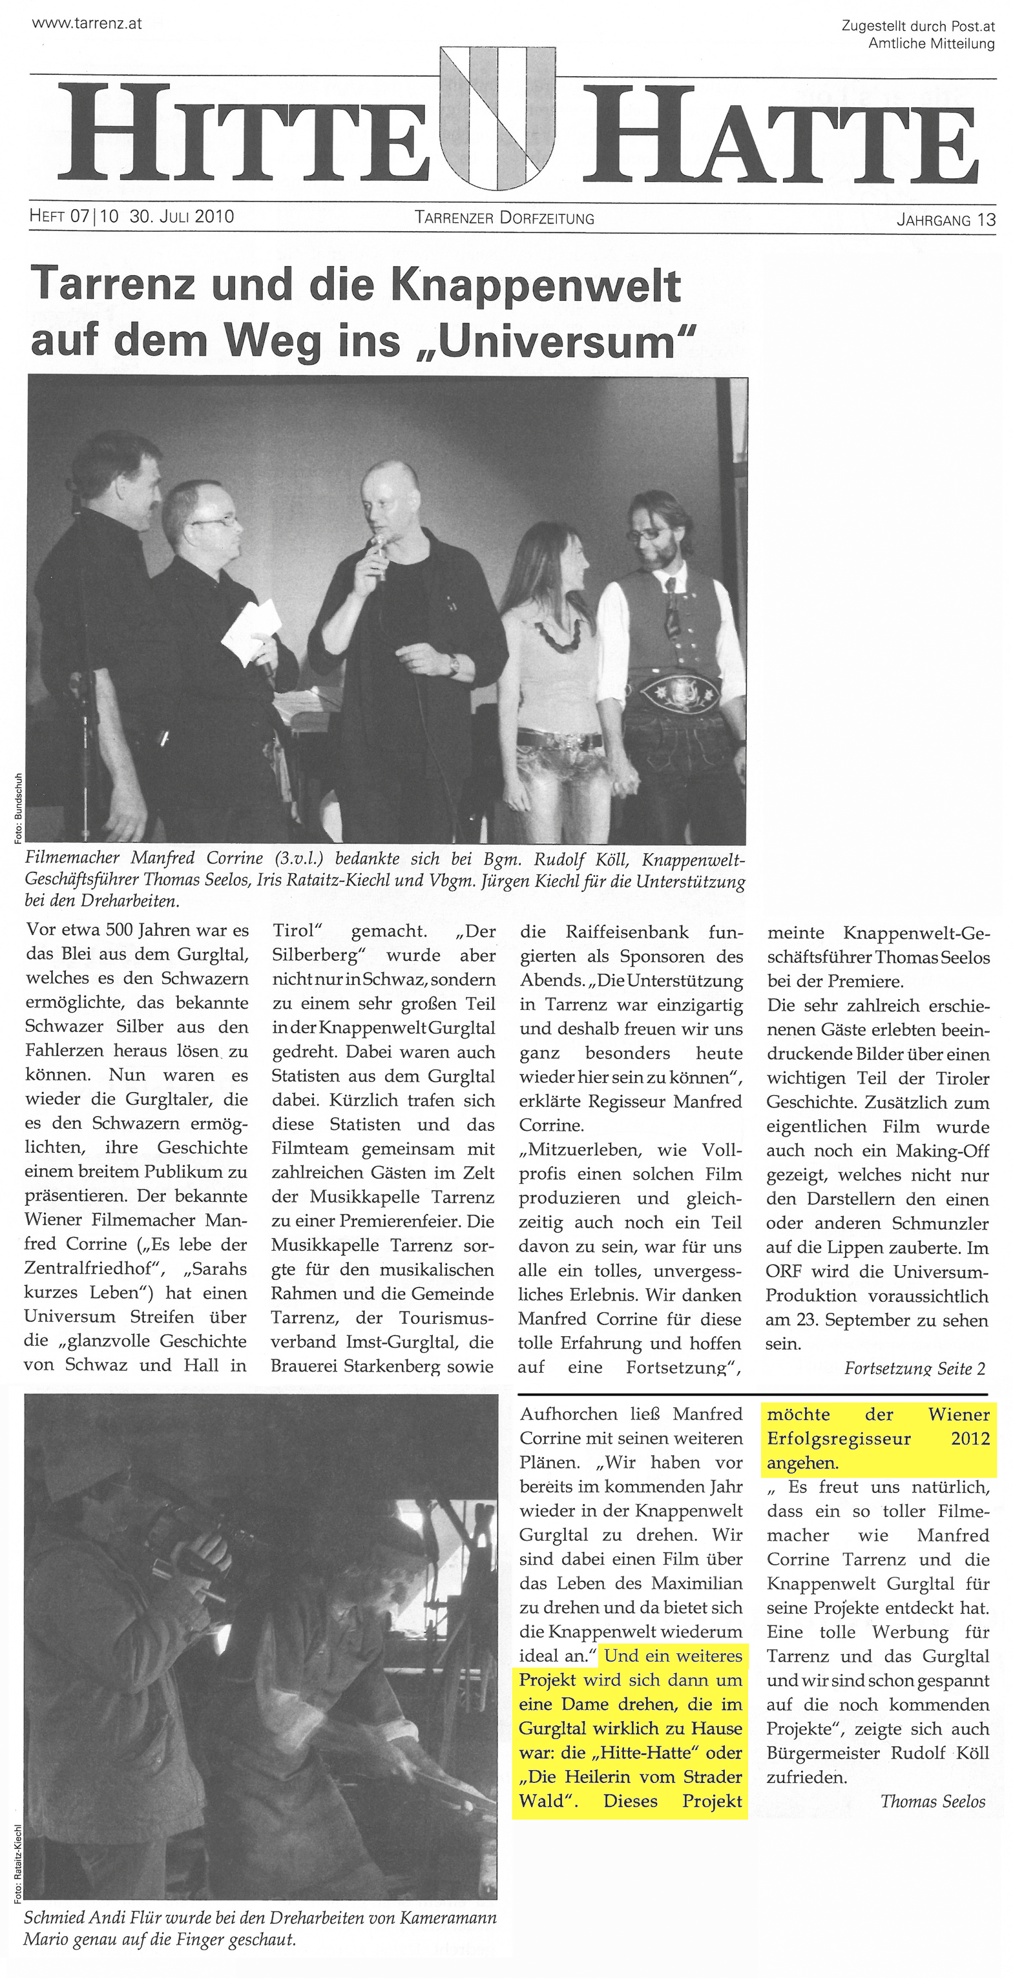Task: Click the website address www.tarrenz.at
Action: coord(86,23)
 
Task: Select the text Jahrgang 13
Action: coord(945,220)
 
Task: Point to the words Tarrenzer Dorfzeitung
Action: coord(504,218)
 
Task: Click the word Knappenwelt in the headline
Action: coord(536,287)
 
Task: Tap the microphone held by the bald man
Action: coord(379,550)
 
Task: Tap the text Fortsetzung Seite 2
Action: coord(914,1368)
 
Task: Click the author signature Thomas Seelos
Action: coord(932,1802)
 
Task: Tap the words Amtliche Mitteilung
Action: coord(931,44)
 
